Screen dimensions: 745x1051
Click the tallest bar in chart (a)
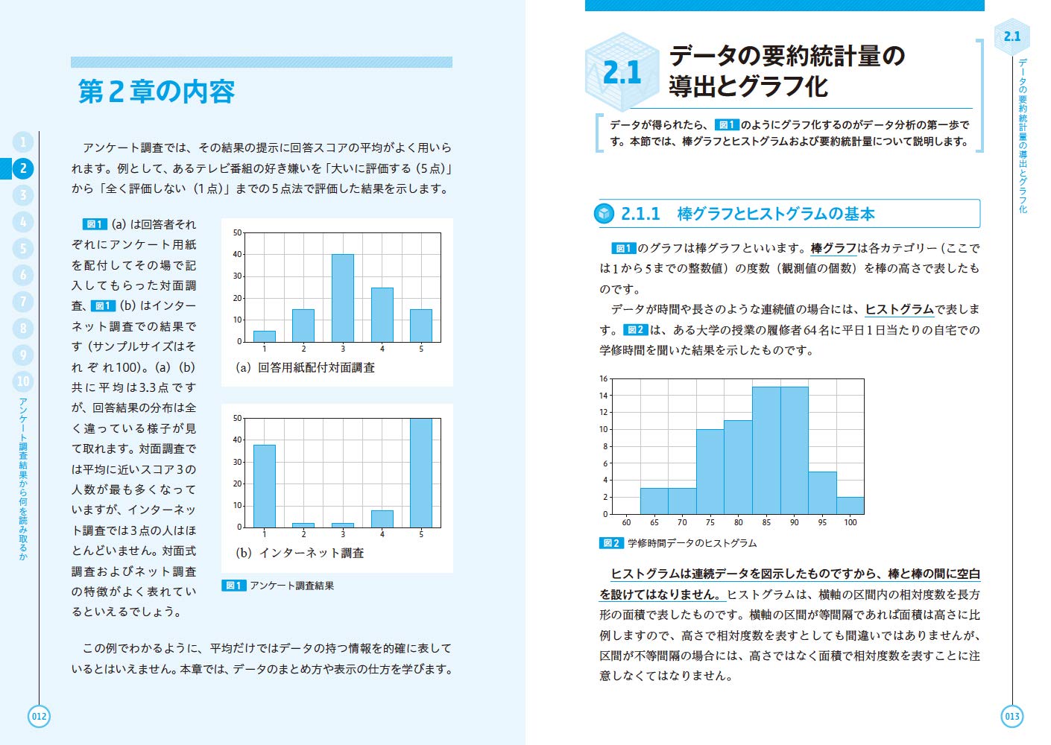(343, 298)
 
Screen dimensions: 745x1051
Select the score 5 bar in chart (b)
(421, 473)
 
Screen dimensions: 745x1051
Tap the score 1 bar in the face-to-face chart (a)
(265, 337)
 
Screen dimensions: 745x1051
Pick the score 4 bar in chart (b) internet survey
(382, 519)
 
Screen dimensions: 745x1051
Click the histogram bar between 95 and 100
(850, 506)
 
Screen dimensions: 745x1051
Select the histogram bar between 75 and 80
(710, 472)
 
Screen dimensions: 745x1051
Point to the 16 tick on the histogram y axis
(604, 379)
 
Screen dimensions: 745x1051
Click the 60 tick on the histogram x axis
(626, 522)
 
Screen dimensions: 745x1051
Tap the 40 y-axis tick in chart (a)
(238, 255)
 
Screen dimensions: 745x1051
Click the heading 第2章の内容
(157, 92)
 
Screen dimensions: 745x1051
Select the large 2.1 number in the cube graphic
(622, 73)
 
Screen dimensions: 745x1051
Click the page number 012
(39, 717)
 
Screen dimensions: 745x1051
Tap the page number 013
(1011, 717)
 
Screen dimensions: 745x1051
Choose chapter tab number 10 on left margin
(23, 381)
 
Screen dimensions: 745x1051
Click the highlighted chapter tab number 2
(23, 168)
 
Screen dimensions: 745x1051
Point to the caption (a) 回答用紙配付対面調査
(306, 368)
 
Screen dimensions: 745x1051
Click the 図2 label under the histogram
(611, 543)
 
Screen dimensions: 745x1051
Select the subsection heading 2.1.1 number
(640, 215)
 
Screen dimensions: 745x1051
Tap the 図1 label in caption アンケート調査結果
(233, 586)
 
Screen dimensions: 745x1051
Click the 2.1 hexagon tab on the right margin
(1011, 37)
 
